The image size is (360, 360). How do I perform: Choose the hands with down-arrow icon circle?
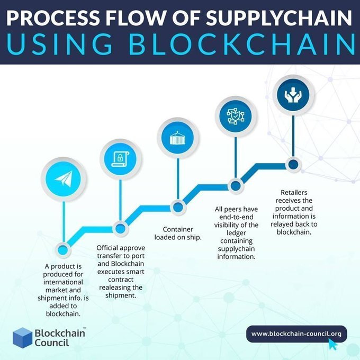[x=293, y=95]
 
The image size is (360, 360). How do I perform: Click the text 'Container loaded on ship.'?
[x=178, y=232]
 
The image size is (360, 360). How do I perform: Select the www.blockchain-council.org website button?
[x=296, y=334]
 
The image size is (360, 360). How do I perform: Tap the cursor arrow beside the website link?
[x=333, y=345]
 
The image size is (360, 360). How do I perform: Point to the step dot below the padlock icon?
[x=121, y=229]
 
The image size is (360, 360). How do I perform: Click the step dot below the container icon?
[x=178, y=206]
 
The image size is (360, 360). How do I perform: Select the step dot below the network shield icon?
[x=235, y=185]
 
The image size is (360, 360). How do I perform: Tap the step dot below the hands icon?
[x=293, y=164]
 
